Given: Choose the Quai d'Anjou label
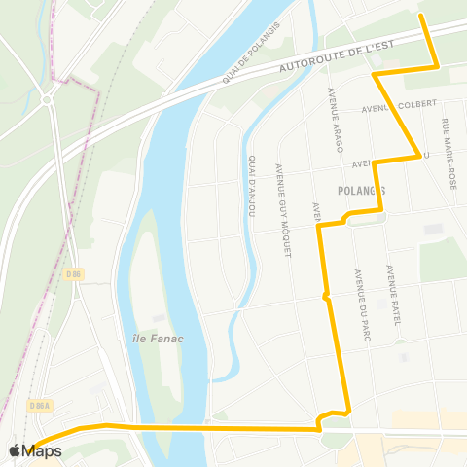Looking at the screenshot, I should click(x=252, y=185).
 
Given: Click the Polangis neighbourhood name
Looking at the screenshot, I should click(x=362, y=190).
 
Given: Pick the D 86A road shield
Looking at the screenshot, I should click(x=39, y=405).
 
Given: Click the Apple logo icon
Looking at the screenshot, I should click(x=15, y=450).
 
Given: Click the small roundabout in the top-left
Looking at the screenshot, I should click(x=46, y=98).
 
